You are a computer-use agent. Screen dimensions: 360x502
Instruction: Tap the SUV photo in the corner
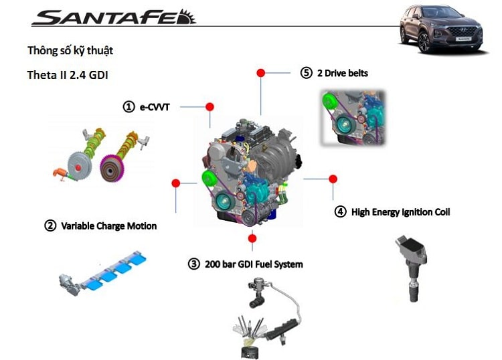442,28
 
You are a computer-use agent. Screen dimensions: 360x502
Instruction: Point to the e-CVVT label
155,106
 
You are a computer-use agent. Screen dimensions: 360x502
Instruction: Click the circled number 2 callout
50,226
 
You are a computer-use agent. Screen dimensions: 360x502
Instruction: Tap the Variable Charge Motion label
108,226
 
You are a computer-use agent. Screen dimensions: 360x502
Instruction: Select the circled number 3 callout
194,264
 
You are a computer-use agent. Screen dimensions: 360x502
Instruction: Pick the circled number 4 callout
340,212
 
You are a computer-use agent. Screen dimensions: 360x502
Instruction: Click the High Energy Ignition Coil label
400,212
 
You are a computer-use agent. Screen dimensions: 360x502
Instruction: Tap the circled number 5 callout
307,73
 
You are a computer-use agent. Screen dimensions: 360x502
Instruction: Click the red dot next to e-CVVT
210,106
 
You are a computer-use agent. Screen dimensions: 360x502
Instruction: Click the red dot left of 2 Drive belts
261,72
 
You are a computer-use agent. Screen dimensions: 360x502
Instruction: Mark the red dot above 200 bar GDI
252,238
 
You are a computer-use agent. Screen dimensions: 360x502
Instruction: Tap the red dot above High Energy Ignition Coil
333,179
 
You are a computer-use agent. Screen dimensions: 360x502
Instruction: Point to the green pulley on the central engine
207,179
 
